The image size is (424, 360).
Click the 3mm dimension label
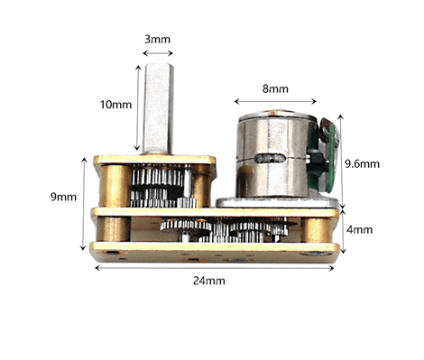pyautogui.click(x=157, y=40)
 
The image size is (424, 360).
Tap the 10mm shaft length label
pyautogui.click(x=115, y=105)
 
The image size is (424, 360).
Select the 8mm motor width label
pyautogui.click(x=275, y=89)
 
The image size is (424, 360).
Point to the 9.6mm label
pyautogui.click(x=362, y=164)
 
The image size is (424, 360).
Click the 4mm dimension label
pyautogui.click(x=359, y=230)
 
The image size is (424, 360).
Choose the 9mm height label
pyautogui.click(x=63, y=197)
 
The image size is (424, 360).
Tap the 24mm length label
pyautogui.click(x=209, y=281)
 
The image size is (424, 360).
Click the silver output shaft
pyautogui.click(x=158, y=108)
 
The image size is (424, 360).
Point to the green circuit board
pyautogui.click(x=330, y=159)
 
